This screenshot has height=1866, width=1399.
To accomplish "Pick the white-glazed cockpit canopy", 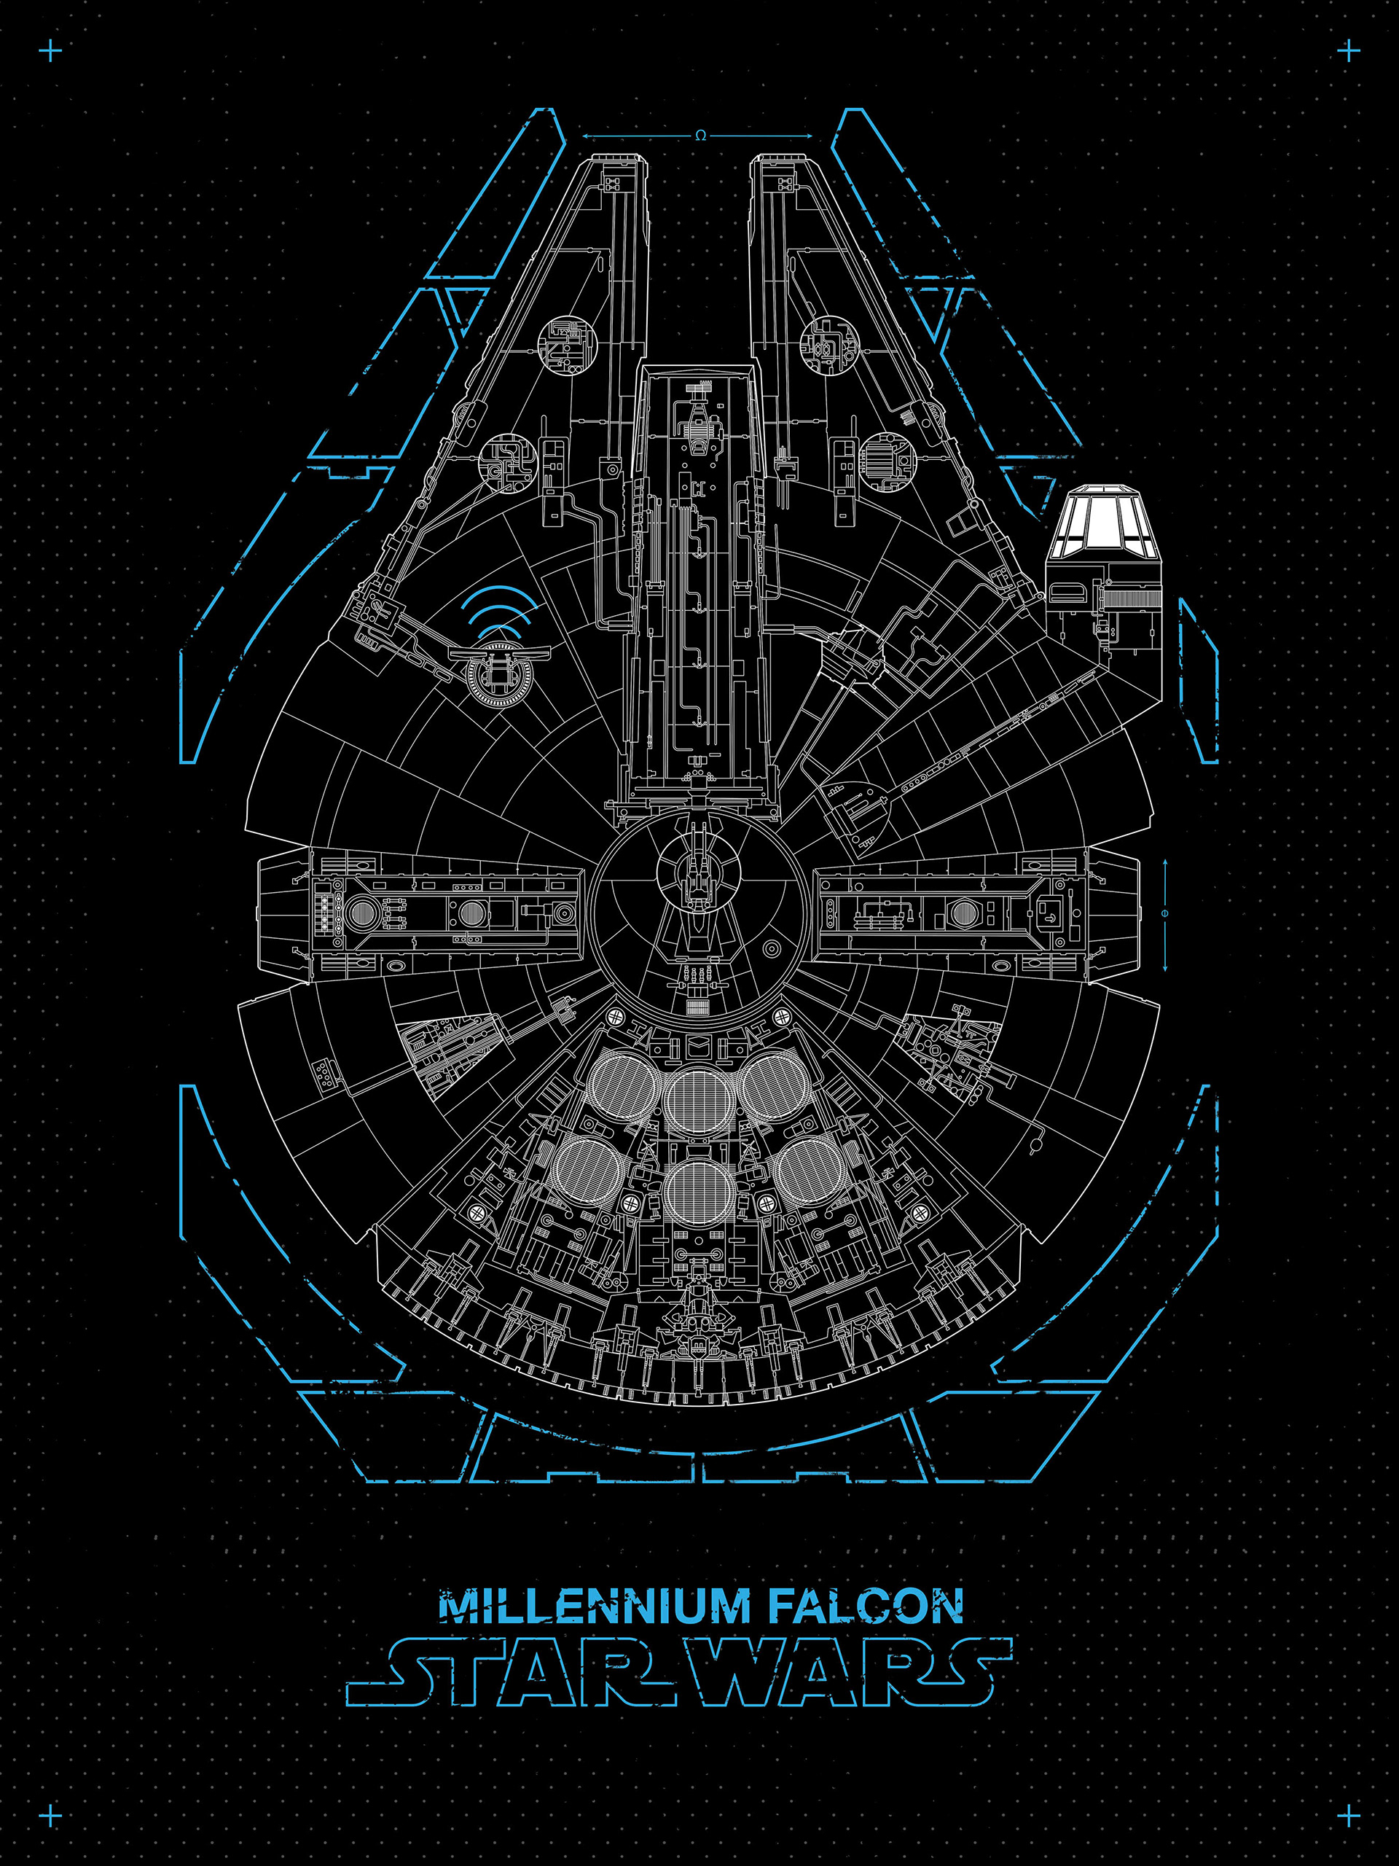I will tap(1103, 516).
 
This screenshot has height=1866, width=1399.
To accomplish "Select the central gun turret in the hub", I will tap(697, 878).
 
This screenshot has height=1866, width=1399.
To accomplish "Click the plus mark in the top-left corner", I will tap(50, 52).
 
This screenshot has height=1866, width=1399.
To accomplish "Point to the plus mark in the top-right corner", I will tap(1349, 52).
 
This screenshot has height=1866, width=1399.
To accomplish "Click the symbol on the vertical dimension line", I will tap(1164, 913).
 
